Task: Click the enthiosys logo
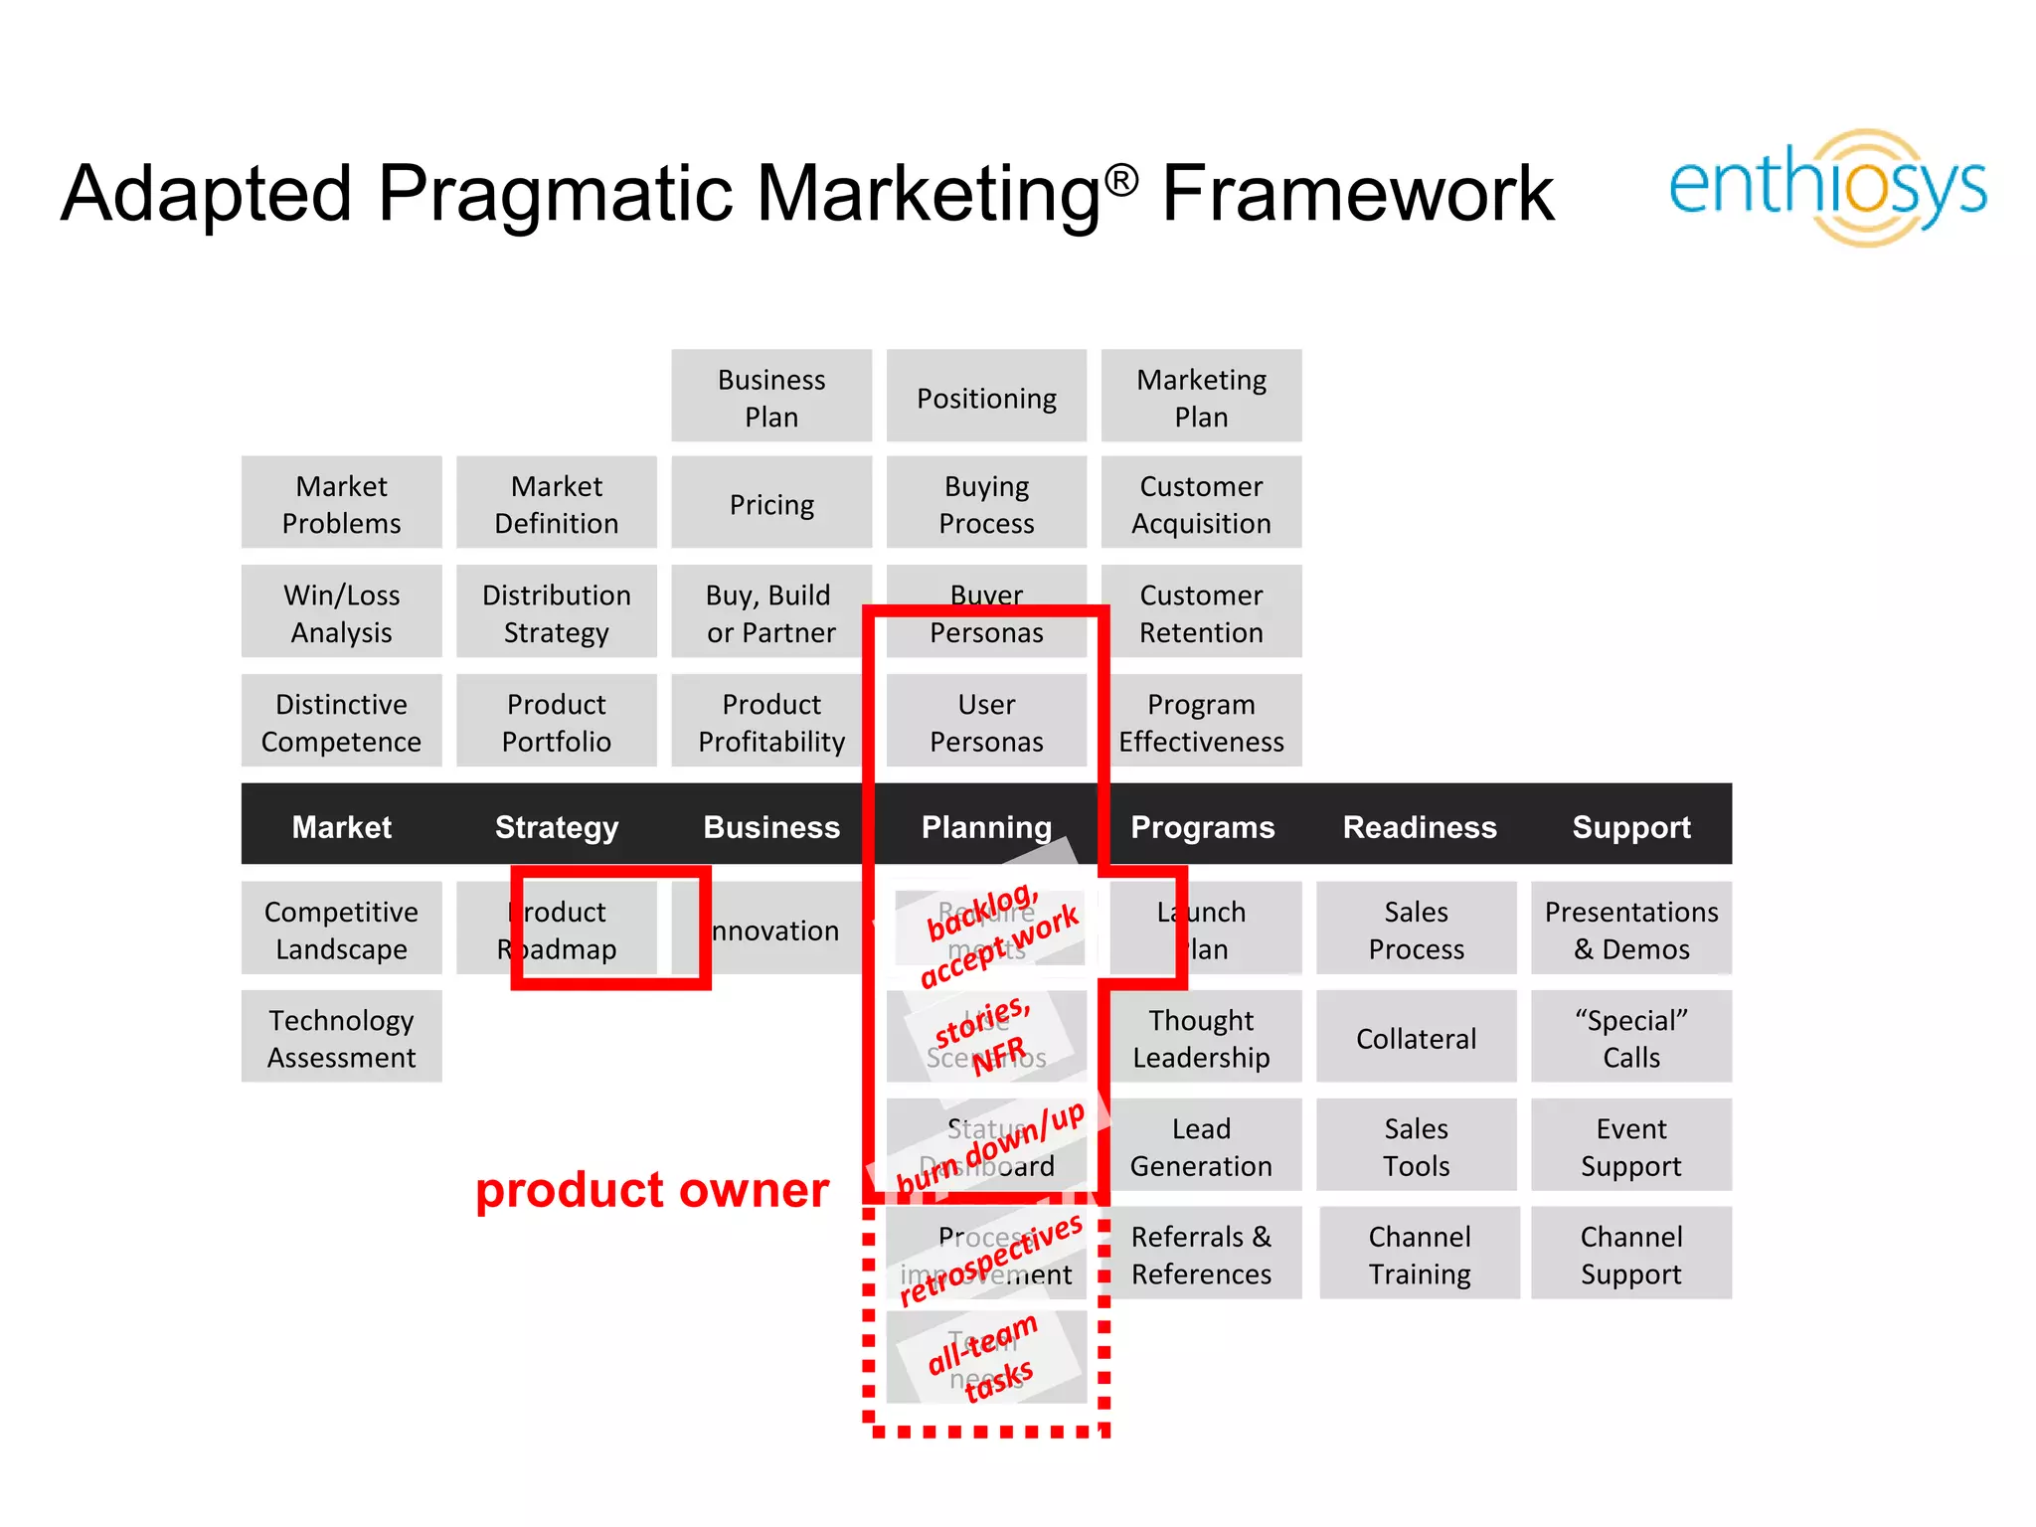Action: [1827, 187]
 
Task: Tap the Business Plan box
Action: [771, 397]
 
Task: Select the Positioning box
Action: [986, 397]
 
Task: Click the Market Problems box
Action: [341, 503]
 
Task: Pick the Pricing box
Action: [771, 503]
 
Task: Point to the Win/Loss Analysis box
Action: [341, 612]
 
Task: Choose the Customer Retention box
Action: [1201, 612]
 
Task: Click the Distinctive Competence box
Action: [341, 722]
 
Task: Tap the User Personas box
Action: [986, 722]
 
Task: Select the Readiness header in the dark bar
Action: [1419, 826]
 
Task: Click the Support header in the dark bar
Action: [1630, 826]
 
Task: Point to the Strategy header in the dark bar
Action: [557, 826]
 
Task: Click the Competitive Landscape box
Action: [341, 929]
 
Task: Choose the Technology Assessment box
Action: [341, 1037]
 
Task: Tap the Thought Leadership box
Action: [1201, 1037]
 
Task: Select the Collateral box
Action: [1416, 1037]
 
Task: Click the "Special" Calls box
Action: [1630, 1037]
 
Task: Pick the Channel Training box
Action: [1419, 1254]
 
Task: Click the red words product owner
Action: [651, 1189]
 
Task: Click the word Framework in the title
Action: [1357, 193]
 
